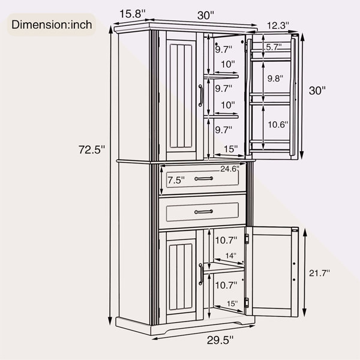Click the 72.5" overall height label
click(92, 149)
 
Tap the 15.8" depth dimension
click(133, 14)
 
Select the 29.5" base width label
click(220, 340)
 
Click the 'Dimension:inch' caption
click(52, 25)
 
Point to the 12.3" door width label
click(278, 25)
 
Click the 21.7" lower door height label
click(319, 273)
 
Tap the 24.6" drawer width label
click(230, 169)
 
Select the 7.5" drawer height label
click(176, 180)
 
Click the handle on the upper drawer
click(203, 178)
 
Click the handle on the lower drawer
click(203, 212)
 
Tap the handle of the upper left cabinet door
click(200, 95)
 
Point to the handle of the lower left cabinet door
click(201, 274)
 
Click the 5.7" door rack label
click(274, 47)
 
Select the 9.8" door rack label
click(275, 79)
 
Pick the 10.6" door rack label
click(278, 125)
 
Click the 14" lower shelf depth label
click(231, 256)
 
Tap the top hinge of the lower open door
click(247, 239)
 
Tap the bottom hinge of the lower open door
click(247, 302)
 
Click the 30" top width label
click(205, 16)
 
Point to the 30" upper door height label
click(317, 91)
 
